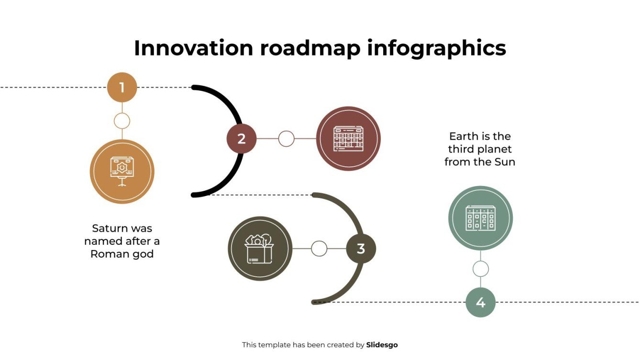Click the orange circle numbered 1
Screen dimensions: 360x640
click(x=122, y=87)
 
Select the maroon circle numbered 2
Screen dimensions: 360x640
click(x=242, y=139)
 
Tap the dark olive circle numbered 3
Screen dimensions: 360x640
click(x=361, y=249)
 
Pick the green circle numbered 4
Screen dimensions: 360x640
click(x=481, y=302)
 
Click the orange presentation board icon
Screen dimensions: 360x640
click(x=122, y=171)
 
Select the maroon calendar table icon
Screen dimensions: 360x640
click(x=348, y=139)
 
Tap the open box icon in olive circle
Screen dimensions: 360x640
click(x=260, y=249)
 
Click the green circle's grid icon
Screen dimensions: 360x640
click(x=480, y=218)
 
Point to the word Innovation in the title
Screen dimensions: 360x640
click(x=193, y=48)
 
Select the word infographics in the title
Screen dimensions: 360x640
click(x=436, y=48)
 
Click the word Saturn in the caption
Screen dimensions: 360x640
click(x=109, y=229)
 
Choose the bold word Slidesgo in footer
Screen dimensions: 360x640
click(x=382, y=345)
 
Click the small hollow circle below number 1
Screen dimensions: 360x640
click(x=122, y=121)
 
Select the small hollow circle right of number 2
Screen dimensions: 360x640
click(x=286, y=139)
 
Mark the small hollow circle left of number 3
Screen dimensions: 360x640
click(x=319, y=249)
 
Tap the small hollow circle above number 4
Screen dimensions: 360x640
click(x=481, y=269)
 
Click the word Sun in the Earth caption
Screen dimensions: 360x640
click(x=505, y=162)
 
